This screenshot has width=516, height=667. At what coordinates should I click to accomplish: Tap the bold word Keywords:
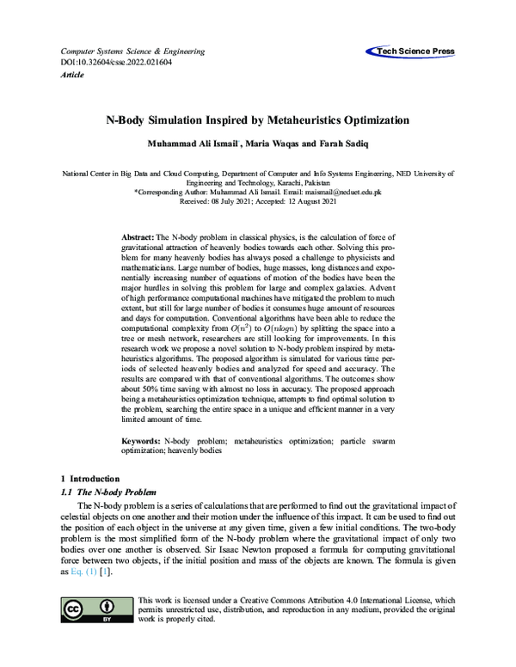click(x=139, y=440)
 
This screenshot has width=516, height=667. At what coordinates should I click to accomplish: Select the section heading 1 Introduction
click(x=90, y=478)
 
